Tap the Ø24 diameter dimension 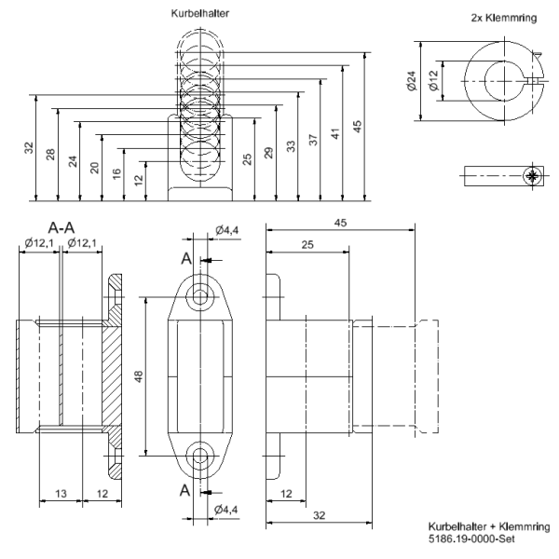[411, 83]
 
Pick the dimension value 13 [60, 494]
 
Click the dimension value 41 [335, 130]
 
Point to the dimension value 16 [116, 173]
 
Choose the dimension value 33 [291, 147]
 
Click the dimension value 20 [95, 167]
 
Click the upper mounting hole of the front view [199, 297]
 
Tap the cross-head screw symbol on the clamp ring [532, 177]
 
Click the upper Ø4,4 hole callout [228, 230]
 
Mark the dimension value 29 [269, 154]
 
